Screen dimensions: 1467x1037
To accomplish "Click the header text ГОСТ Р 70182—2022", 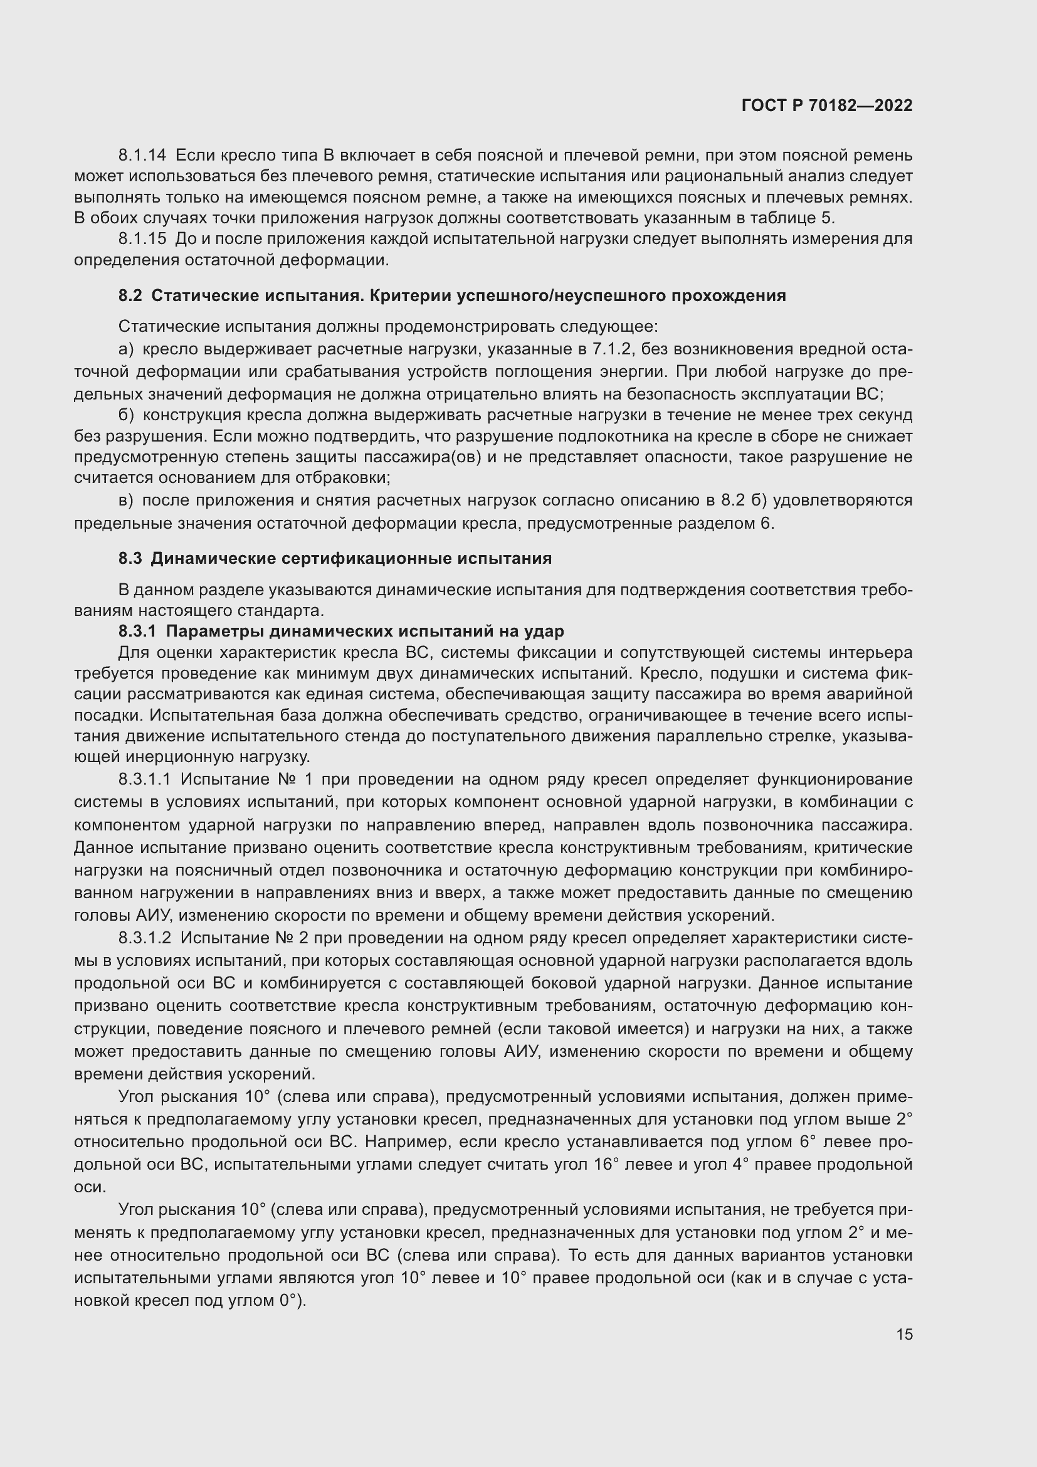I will click(827, 106).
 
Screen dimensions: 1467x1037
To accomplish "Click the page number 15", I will click(904, 1334).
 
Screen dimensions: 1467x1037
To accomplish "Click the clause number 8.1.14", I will click(142, 156).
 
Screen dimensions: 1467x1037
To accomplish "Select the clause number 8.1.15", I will click(142, 239).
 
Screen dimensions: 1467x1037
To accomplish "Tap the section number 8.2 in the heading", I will click(130, 296).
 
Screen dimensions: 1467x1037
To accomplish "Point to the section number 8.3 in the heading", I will click(130, 558).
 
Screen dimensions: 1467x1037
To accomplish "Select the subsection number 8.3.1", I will click(137, 632).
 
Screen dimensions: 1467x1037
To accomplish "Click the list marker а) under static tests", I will click(127, 349).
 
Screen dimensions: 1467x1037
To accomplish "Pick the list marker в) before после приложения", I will click(126, 500).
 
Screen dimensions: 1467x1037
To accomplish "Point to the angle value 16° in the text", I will click(606, 1164).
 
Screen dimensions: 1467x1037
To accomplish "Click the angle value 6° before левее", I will click(809, 1141).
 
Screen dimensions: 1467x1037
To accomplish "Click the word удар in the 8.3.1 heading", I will click(544, 632).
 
